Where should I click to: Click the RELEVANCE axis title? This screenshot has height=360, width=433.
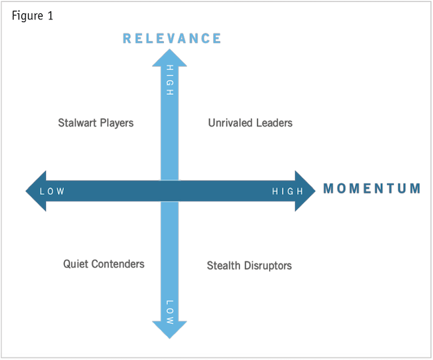pyautogui.click(x=172, y=38)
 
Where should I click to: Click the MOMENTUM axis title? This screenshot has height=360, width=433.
pyautogui.click(x=372, y=189)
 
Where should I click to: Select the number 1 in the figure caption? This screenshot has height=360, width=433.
pyautogui.click(x=50, y=16)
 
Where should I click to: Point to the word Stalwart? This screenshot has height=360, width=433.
pyautogui.click(x=77, y=123)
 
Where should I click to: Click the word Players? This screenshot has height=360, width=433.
pyautogui.click(x=117, y=123)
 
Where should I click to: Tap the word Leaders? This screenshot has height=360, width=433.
pyautogui.click(x=274, y=123)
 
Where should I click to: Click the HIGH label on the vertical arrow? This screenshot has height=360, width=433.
pyautogui.click(x=169, y=81)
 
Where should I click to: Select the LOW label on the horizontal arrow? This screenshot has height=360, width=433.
pyautogui.click(x=52, y=191)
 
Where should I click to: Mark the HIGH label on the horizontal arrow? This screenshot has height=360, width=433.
pyautogui.click(x=287, y=191)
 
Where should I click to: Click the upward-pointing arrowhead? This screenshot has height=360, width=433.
pyautogui.click(x=169, y=59)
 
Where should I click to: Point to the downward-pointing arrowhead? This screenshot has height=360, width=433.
pyautogui.click(x=169, y=330)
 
